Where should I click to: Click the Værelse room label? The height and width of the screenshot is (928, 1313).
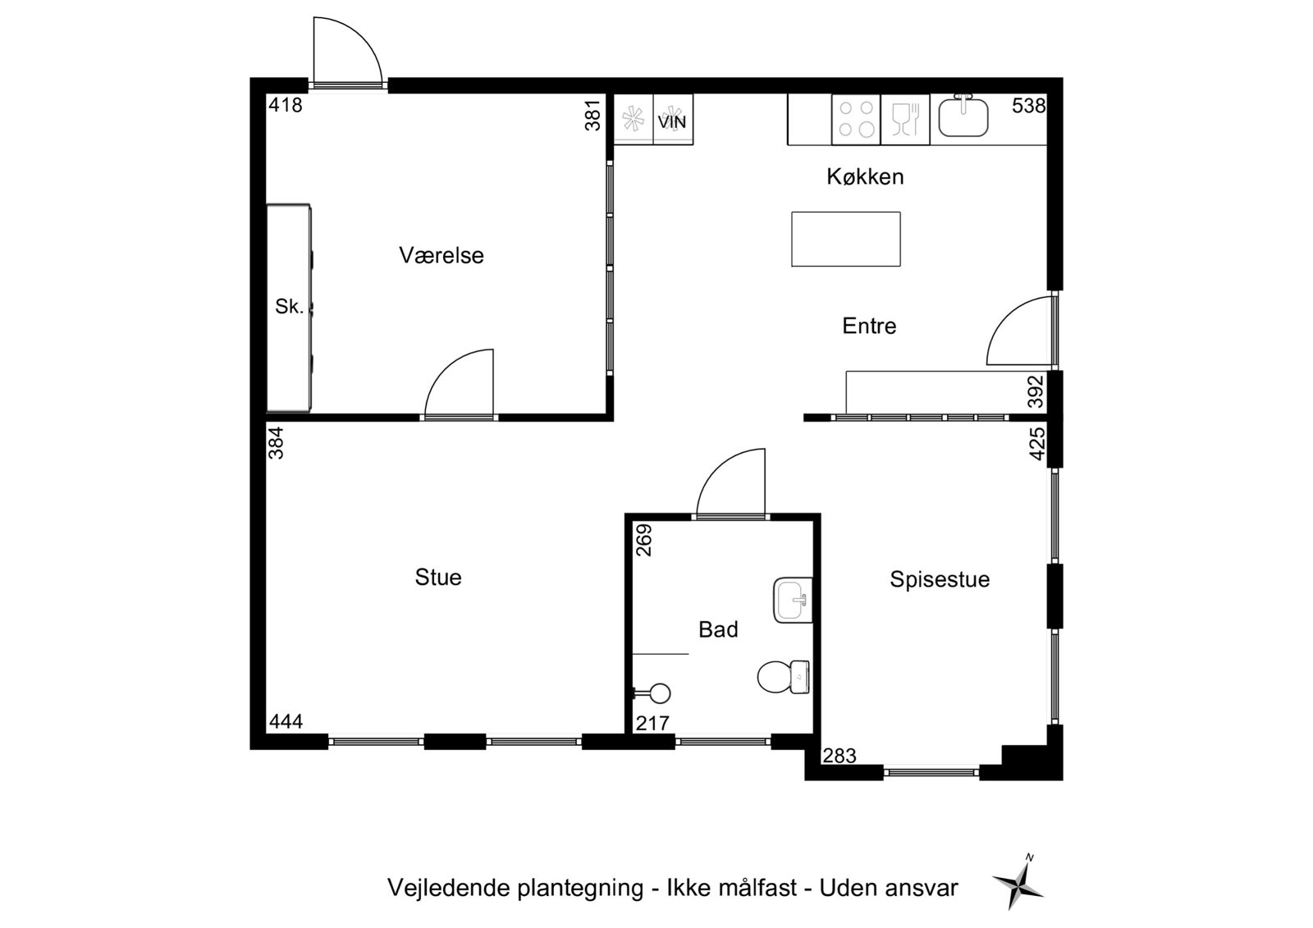[441, 256]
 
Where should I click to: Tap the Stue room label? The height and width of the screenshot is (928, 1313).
[438, 578]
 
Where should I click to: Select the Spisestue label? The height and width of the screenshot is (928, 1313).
[940, 580]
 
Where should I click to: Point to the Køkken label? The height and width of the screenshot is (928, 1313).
[865, 176]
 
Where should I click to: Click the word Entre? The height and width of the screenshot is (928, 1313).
[869, 326]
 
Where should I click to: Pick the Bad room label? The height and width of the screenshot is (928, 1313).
[718, 629]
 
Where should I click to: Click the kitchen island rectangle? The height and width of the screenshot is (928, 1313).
[846, 240]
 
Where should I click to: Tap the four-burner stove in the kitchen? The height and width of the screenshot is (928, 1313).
[856, 119]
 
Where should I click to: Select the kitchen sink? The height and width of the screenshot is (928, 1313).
[963, 116]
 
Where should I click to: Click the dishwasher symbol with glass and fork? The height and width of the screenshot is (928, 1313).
[905, 119]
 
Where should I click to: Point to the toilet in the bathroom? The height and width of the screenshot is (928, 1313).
[784, 676]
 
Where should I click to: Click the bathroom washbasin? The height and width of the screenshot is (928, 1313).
[793, 600]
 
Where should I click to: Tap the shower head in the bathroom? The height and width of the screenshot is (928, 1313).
[652, 693]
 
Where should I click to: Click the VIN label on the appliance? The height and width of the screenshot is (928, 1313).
[672, 122]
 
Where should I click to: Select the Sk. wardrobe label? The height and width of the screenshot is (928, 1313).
[290, 306]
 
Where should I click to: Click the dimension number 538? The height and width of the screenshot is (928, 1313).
[1029, 106]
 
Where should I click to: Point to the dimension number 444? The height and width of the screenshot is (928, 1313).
[286, 722]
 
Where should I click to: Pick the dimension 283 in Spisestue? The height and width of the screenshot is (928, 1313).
[839, 757]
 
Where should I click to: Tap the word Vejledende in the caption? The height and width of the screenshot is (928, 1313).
[448, 888]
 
